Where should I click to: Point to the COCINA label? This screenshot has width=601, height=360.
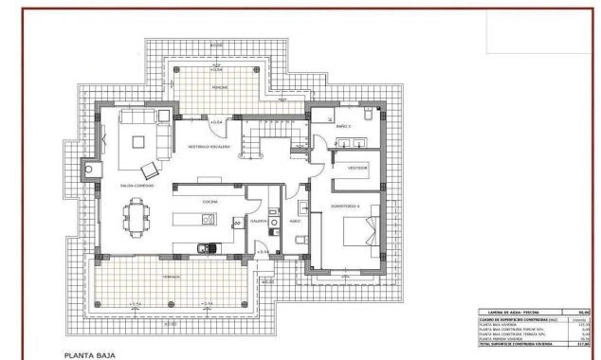209,201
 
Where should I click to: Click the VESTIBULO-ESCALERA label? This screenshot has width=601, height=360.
209,147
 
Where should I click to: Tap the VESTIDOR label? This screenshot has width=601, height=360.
356,167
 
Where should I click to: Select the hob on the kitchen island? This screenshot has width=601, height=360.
207,220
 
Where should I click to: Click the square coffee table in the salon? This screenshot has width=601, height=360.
138,144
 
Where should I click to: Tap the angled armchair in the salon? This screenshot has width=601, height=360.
150,171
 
